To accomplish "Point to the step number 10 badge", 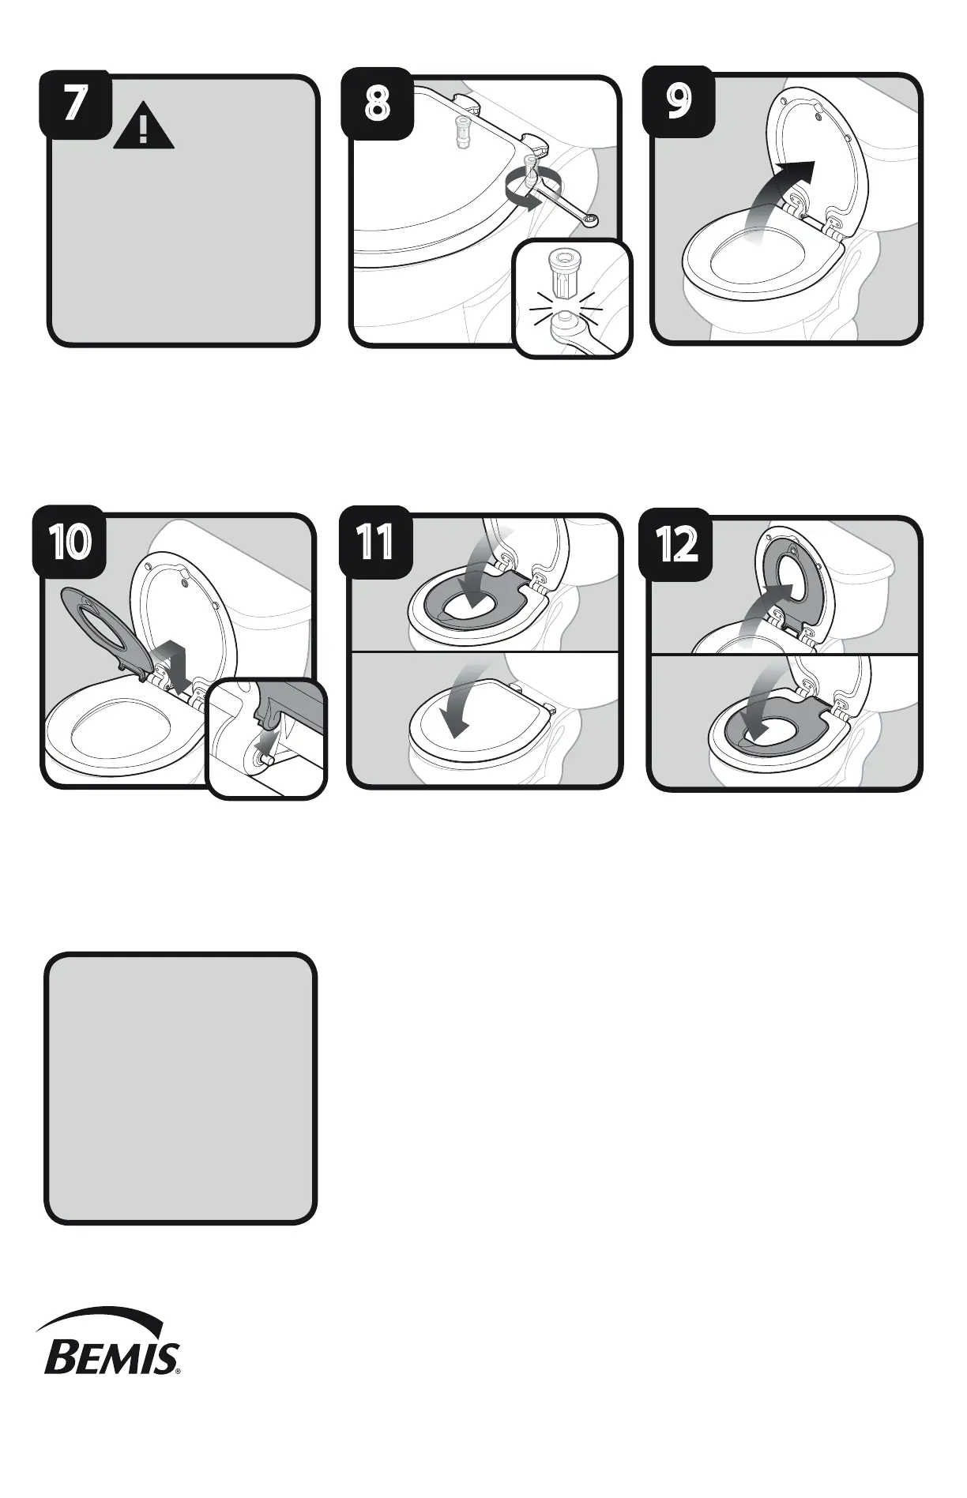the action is coord(69,543).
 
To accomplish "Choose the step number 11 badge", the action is coord(374,543).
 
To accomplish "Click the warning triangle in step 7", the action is coord(143,128).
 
